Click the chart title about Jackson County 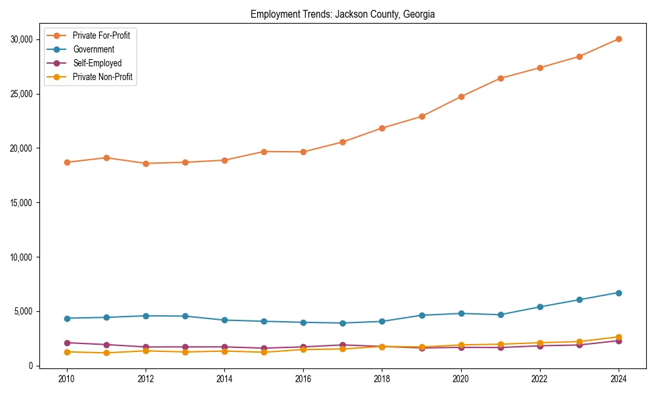(342, 14)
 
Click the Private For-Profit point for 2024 (619, 39)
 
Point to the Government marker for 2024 (619, 293)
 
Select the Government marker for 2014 (224, 320)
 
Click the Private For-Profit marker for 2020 (461, 97)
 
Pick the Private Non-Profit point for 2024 (619, 337)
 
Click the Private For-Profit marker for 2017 (342, 142)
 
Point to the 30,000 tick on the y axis (22, 39)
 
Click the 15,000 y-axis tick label (22, 203)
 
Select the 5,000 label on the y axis (24, 311)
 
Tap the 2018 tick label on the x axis (382, 379)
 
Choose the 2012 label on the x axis (146, 379)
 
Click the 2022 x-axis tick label (540, 379)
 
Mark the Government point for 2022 (540, 307)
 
